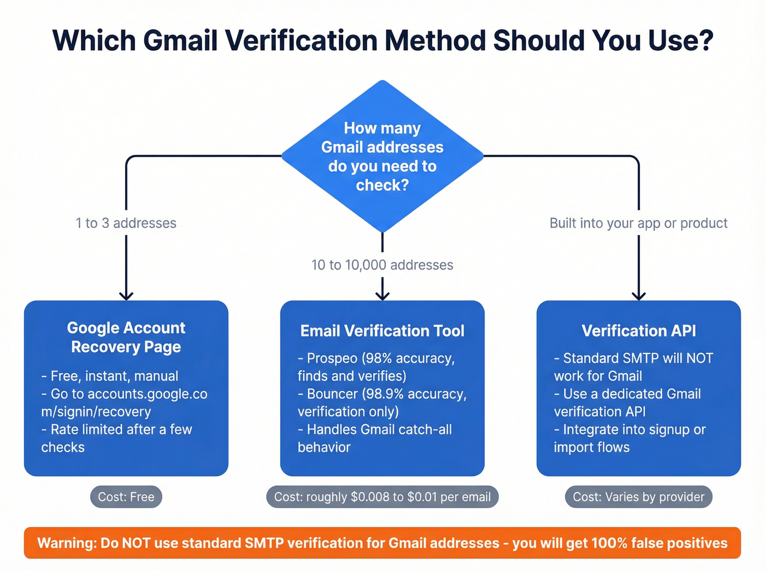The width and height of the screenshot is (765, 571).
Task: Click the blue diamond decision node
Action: click(x=382, y=156)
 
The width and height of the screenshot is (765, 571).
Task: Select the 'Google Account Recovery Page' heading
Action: click(x=126, y=337)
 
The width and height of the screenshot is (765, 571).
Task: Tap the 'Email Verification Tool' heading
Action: click(x=382, y=331)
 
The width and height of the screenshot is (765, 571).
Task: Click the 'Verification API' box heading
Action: click(x=639, y=331)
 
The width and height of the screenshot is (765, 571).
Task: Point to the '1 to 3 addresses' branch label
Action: click(x=126, y=223)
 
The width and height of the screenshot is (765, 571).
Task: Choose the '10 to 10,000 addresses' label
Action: click(x=382, y=265)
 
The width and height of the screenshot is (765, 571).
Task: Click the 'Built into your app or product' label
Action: click(x=638, y=223)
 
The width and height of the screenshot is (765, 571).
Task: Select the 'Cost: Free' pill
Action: click(x=126, y=497)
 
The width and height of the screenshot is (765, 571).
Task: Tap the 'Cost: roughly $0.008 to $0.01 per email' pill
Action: click(x=382, y=497)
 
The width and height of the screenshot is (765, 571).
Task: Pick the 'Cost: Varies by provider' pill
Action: click(x=639, y=497)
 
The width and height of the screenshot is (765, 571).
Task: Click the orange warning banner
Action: click(x=382, y=543)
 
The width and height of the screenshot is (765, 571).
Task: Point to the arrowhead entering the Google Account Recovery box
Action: click(x=126, y=296)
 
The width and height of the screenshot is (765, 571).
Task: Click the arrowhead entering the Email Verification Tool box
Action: click(x=382, y=296)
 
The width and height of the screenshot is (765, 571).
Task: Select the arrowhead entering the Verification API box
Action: click(x=639, y=296)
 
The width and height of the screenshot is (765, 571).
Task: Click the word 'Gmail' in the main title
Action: click(x=180, y=40)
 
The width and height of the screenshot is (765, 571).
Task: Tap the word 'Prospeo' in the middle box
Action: click(x=332, y=358)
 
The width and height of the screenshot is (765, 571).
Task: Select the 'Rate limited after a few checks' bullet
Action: click(x=117, y=438)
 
